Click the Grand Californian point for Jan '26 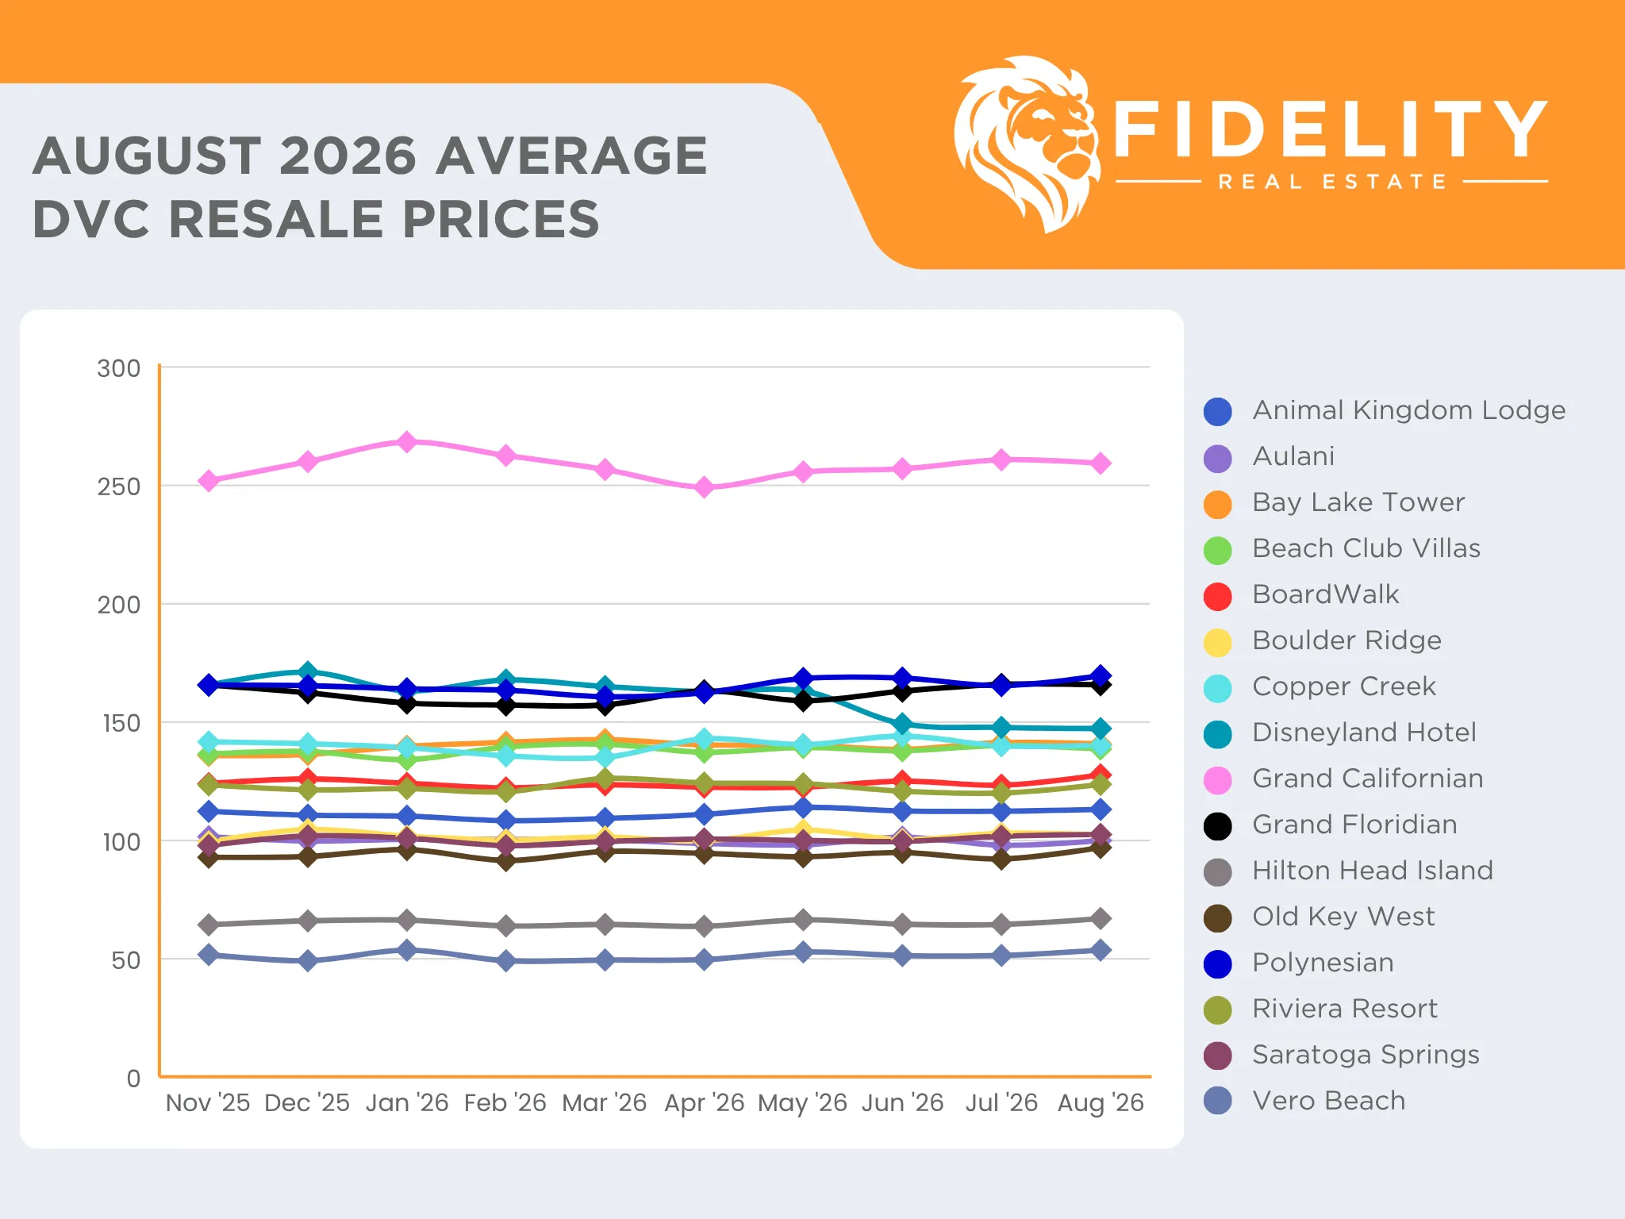click(407, 441)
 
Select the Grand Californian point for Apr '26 click(704, 487)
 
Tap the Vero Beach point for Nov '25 click(209, 955)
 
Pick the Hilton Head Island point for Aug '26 click(1101, 918)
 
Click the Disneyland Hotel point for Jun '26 click(902, 724)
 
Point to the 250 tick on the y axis click(119, 486)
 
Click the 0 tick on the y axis click(133, 1078)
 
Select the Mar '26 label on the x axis click(605, 1102)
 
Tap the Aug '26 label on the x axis click(1101, 1102)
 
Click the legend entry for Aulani click(1270, 456)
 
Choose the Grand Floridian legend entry click(1331, 825)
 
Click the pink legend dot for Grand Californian click(1218, 780)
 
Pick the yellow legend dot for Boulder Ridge click(1218, 642)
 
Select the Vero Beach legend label click(1329, 1101)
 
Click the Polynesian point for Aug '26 click(1101, 676)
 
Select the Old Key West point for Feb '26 click(506, 860)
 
